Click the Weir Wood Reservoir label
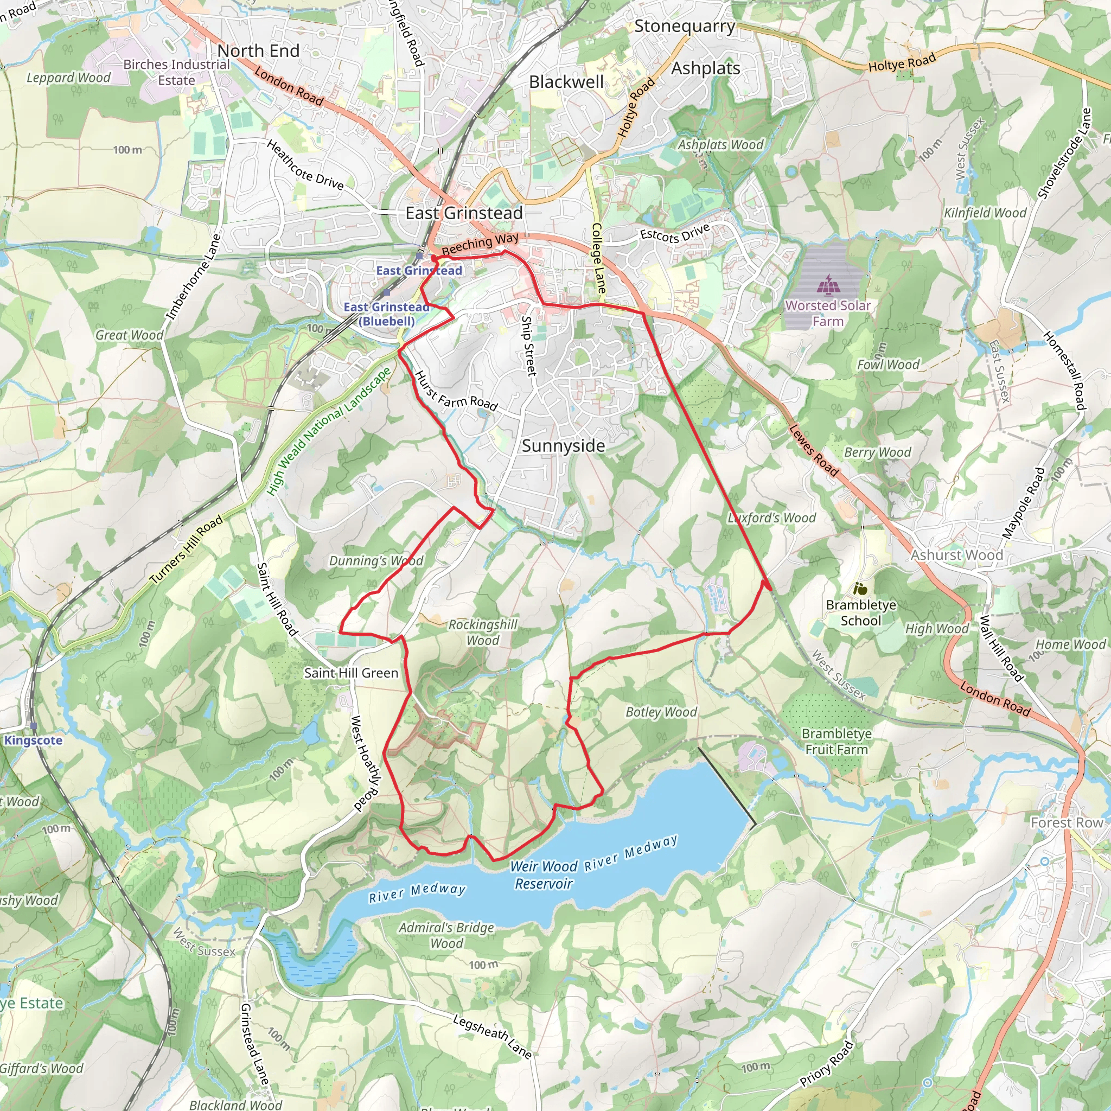click(x=543, y=874)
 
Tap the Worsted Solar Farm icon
click(x=827, y=284)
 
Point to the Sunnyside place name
click(x=563, y=446)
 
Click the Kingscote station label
click(x=33, y=740)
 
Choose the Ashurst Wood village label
click(x=956, y=555)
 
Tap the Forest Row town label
click(x=1067, y=823)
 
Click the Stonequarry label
click(x=684, y=26)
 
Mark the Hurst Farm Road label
click(x=456, y=392)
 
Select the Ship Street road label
click(x=528, y=346)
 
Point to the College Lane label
click(x=598, y=258)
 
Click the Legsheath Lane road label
click(x=491, y=1036)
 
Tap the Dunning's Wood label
click(x=375, y=561)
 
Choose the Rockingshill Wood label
click(x=483, y=632)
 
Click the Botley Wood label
click(x=661, y=712)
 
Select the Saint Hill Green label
click(x=351, y=673)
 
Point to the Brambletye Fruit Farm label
click(x=836, y=741)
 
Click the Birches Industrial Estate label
click(x=176, y=72)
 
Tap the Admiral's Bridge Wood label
click(x=446, y=935)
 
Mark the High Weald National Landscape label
click(x=329, y=431)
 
